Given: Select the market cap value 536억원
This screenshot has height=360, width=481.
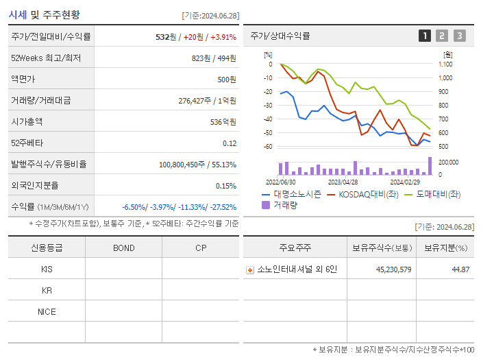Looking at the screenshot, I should pyautogui.click(x=221, y=122).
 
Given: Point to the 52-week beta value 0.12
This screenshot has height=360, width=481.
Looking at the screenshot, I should pyautogui.click(x=230, y=143).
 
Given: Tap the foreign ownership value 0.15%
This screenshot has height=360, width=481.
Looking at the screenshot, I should pyautogui.click(x=226, y=186).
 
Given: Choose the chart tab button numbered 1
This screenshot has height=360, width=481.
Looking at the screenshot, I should pyautogui.click(x=425, y=36).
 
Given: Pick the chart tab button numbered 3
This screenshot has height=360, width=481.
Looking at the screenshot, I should pyautogui.click(x=459, y=36).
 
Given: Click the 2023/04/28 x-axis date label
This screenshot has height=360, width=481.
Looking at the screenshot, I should pyautogui.click(x=343, y=182).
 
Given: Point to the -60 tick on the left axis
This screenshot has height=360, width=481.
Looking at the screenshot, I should pyautogui.click(x=267, y=147).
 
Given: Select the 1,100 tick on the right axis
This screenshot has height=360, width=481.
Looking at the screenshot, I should pyautogui.click(x=445, y=64).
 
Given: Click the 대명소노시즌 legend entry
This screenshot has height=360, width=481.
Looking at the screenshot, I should pyautogui.click(x=292, y=194).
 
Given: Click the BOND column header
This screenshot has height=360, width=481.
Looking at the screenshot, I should pyautogui.click(x=123, y=248).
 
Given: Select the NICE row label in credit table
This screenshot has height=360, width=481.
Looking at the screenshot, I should pyautogui.click(x=47, y=312).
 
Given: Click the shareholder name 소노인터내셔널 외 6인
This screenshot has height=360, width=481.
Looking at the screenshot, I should pyautogui.click(x=292, y=269).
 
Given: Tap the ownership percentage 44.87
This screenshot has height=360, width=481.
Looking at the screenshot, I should pyautogui.click(x=460, y=269).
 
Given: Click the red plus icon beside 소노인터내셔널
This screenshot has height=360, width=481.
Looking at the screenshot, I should pyautogui.click(x=250, y=270).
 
